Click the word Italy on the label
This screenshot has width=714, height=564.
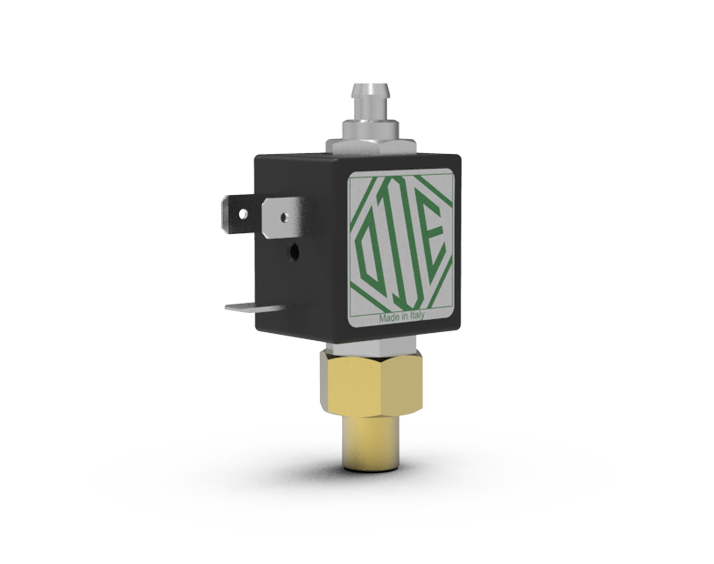pyautogui.click(x=416, y=316)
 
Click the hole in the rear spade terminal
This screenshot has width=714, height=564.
pyautogui.click(x=244, y=213)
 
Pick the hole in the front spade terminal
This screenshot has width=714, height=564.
pyautogui.click(x=283, y=217)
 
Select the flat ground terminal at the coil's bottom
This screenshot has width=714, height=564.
pyautogui.click(x=252, y=307)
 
